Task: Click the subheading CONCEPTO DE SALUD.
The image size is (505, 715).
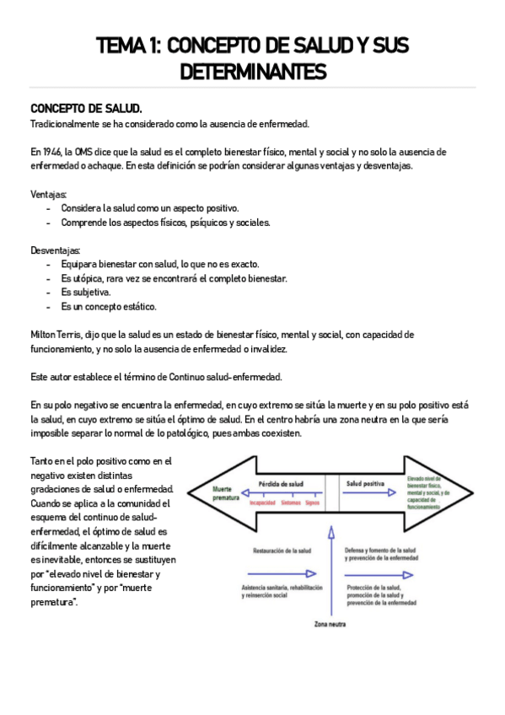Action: click(87, 109)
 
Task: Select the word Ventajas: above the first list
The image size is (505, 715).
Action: click(48, 194)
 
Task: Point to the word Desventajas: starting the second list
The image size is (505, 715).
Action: click(56, 250)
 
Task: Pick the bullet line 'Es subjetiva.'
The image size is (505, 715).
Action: click(86, 293)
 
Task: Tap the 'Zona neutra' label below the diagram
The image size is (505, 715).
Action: click(330, 625)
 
